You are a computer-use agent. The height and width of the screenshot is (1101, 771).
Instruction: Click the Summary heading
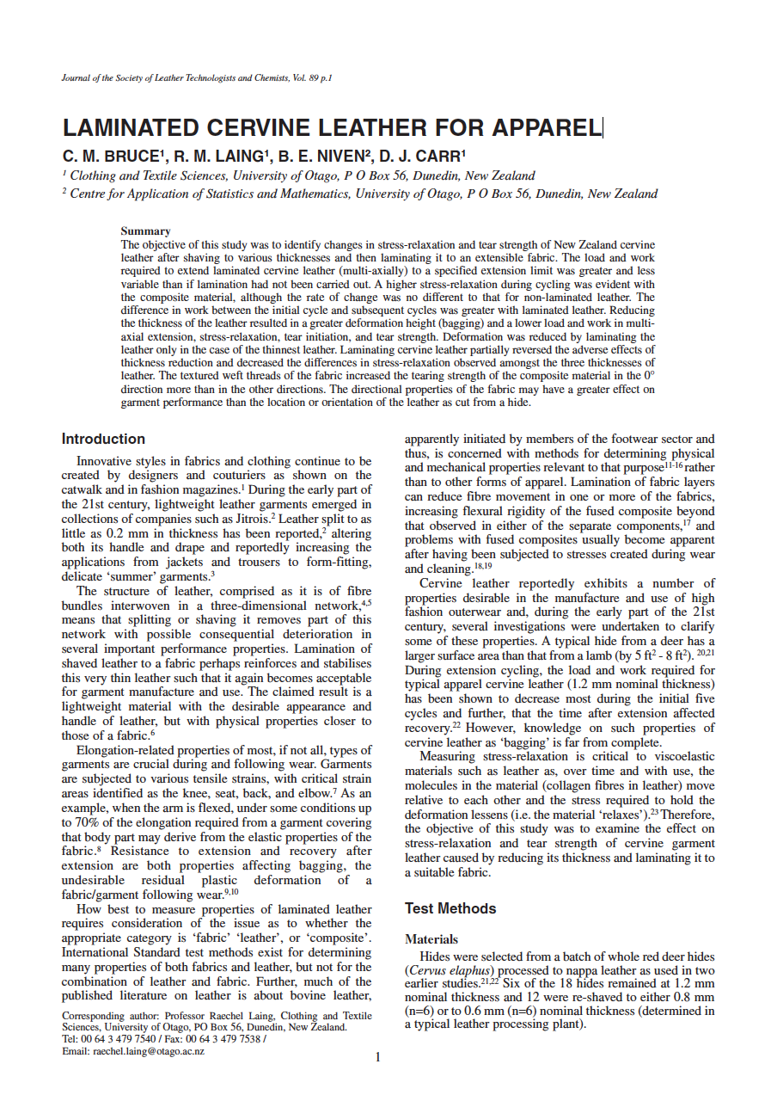145,231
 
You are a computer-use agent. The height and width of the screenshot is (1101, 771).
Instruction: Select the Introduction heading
103,440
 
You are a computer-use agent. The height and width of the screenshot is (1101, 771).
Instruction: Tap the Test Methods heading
450,908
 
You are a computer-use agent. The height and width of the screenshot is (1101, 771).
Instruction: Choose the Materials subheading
431,939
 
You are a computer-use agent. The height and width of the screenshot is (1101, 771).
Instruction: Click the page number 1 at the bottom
377,1057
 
